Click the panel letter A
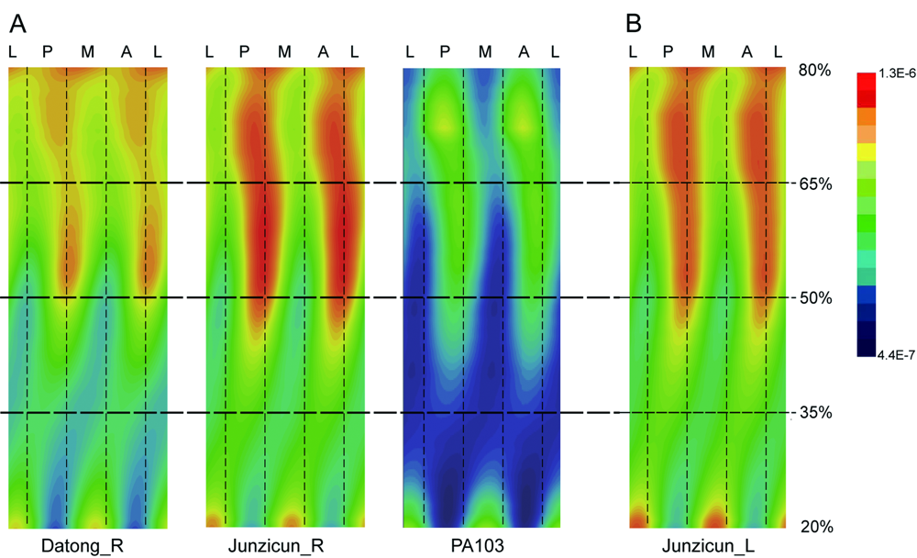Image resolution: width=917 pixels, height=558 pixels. tap(17, 20)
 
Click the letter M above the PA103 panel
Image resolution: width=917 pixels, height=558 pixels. tap(485, 51)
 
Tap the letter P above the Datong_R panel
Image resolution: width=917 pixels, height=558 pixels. tap(49, 51)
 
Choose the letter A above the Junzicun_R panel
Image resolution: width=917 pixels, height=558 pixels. tap(323, 51)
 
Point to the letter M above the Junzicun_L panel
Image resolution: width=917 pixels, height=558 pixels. tap(708, 51)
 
